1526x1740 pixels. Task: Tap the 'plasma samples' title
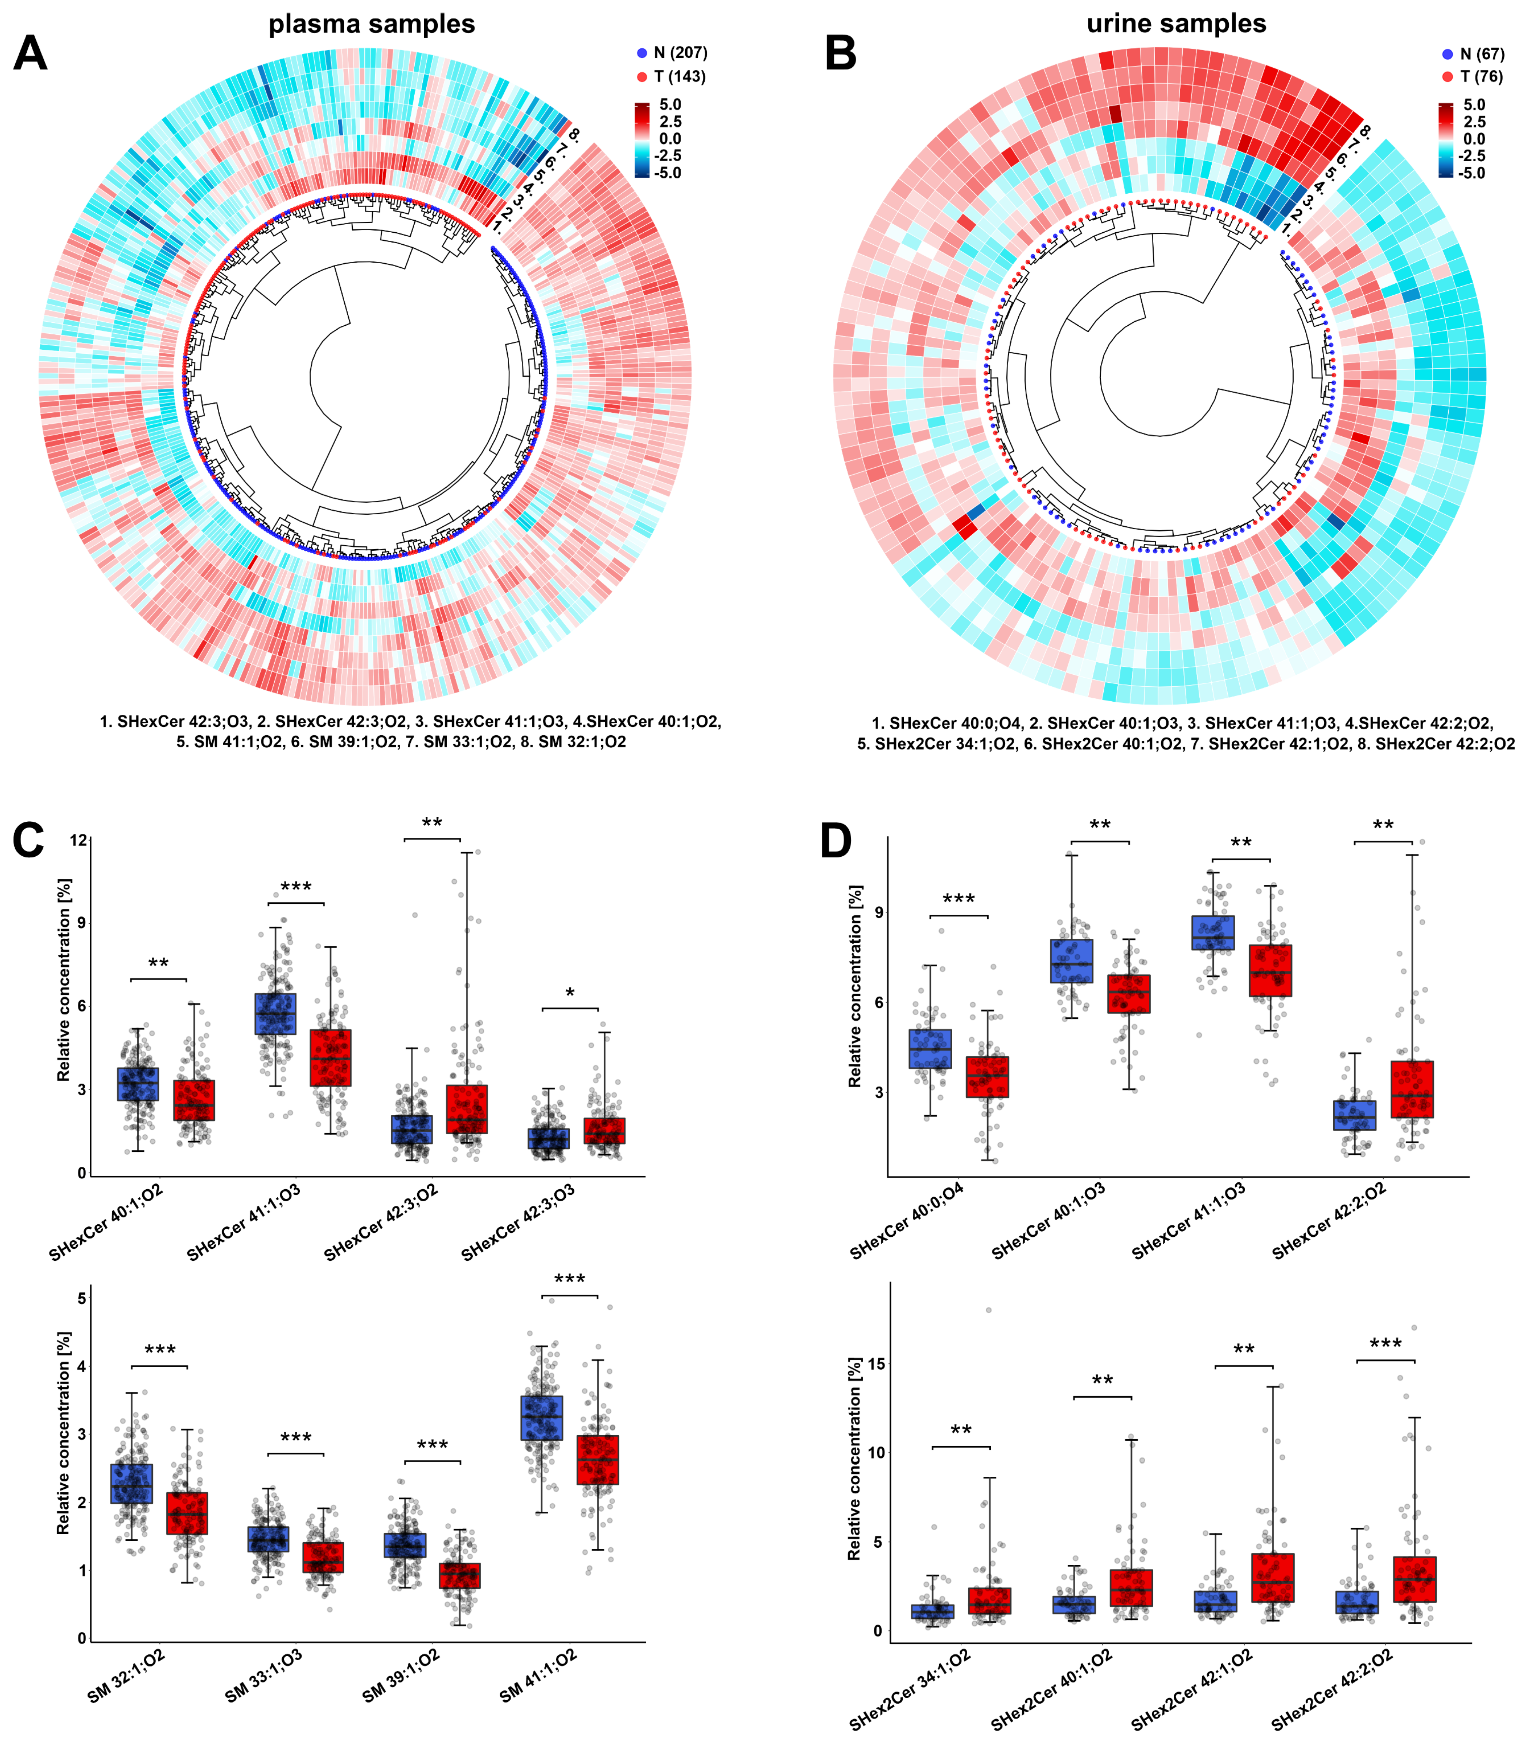(x=372, y=24)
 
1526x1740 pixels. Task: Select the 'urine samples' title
(x=1176, y=24)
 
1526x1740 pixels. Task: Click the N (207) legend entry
(x=672, y=53)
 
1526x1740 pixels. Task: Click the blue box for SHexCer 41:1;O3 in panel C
(x=276, y=1013)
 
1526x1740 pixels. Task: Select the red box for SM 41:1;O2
(x=597, y=1459)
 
